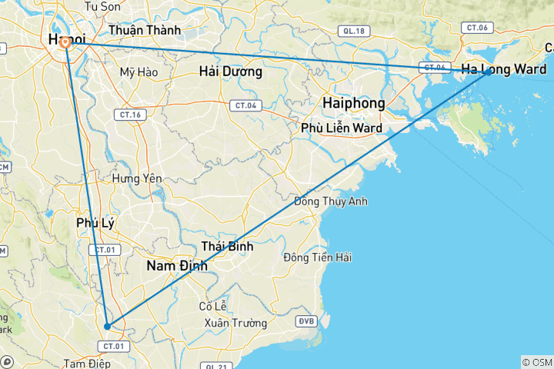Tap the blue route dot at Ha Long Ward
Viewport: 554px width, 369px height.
[x=488, y=72]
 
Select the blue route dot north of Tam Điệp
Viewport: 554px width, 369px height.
[x=107, y=326]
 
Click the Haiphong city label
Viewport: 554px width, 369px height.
[x=354, y=102]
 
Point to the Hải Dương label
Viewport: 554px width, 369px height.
[x=230, y=72]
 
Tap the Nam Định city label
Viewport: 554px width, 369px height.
[x=176, y=266]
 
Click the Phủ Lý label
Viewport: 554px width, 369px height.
[x=95, y=223]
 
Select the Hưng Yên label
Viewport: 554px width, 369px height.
[x=137, y=178]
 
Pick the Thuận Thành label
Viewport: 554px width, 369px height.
[x=145, y=31]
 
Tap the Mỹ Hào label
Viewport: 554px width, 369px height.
[x=138, y=73]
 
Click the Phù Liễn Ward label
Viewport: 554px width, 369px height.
[x=342, y=128]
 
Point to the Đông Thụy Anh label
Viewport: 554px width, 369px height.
[x=331, y=201]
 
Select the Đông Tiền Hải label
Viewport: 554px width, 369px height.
[x=317, y=258]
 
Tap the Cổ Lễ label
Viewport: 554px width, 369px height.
[x=212, y=306]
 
